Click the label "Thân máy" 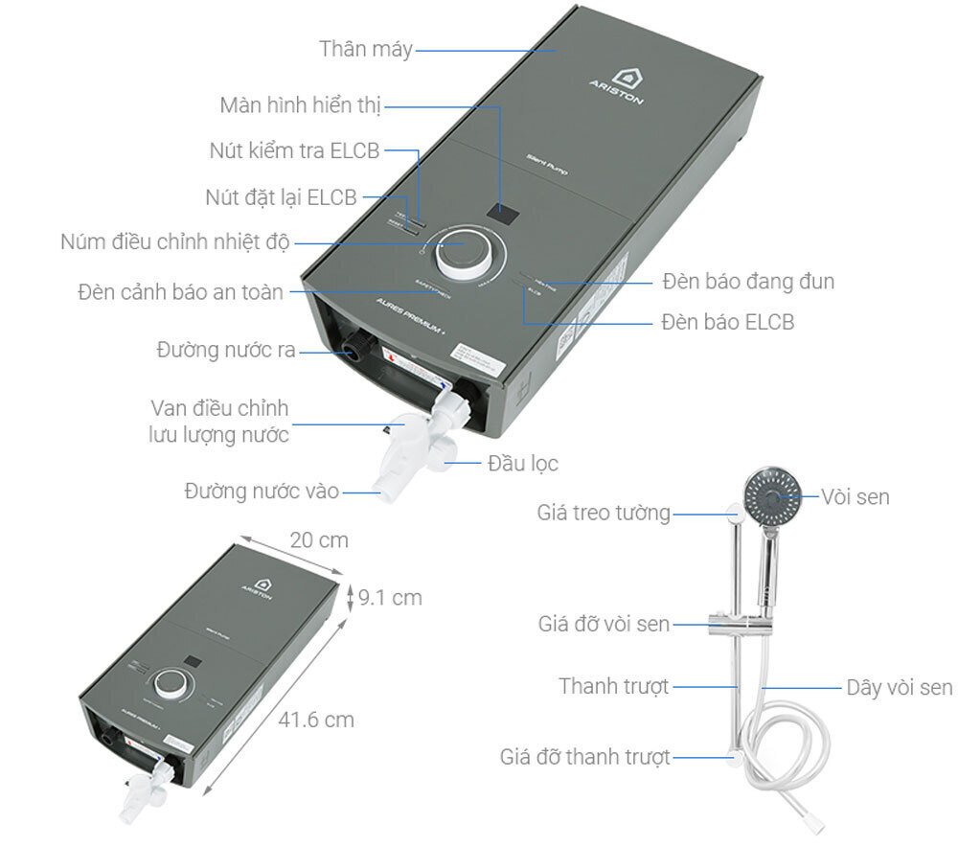point(365,50)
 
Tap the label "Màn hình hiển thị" point(300,103)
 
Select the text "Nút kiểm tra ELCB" point(294,150)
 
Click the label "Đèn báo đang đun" point(747,281)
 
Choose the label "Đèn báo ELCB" point(727,322)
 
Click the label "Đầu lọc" point(522,464)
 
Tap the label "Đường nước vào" point(262,492)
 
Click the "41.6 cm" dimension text point(315,719)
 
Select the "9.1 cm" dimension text point(390,598)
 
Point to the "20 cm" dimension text point(319,540)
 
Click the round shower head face point(773,494)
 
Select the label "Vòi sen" point(855,496)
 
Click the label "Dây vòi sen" point(899,687)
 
